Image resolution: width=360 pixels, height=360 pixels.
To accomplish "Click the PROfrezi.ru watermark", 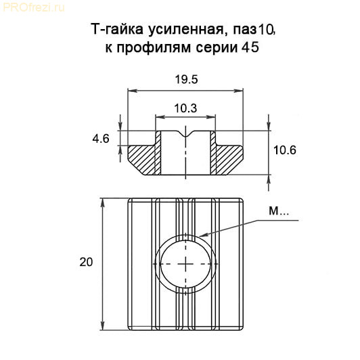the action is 34,8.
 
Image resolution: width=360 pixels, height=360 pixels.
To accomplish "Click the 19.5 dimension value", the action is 186,79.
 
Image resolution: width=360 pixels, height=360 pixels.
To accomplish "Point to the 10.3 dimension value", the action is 185,108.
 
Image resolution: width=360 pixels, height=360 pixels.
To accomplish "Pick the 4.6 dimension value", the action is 101,139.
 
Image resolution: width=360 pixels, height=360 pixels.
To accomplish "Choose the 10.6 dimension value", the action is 285,150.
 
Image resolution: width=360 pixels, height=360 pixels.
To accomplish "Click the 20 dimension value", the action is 86,262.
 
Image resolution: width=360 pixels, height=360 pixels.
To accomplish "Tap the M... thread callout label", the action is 279,211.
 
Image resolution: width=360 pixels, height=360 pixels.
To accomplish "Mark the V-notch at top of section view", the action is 185,133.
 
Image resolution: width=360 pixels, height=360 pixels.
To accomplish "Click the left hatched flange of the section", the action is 141,160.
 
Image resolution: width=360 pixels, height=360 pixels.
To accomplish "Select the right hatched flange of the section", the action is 229,160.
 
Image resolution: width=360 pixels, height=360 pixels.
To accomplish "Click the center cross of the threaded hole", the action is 185,264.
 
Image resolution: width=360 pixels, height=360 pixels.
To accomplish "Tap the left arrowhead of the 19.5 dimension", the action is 133,91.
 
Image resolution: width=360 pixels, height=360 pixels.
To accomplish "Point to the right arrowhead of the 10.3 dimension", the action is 211,117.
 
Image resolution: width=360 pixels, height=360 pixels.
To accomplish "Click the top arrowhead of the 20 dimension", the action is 103,203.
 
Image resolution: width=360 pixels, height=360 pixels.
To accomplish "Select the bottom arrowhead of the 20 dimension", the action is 103,325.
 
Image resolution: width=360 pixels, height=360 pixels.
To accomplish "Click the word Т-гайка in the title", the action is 117,30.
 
